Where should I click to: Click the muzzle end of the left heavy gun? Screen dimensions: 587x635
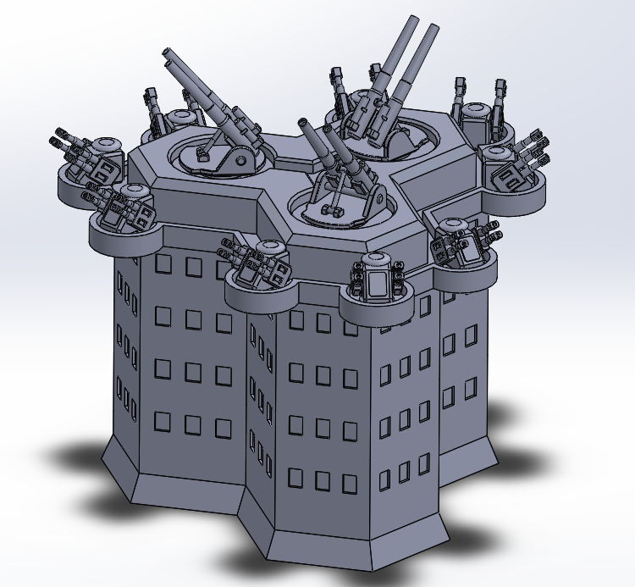167,54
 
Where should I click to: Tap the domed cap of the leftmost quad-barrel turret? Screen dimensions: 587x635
107,145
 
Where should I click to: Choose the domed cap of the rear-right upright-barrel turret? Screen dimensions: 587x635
476,110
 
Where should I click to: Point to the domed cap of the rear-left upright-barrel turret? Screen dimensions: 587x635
179,116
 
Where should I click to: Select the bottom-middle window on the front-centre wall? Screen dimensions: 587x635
322,480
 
